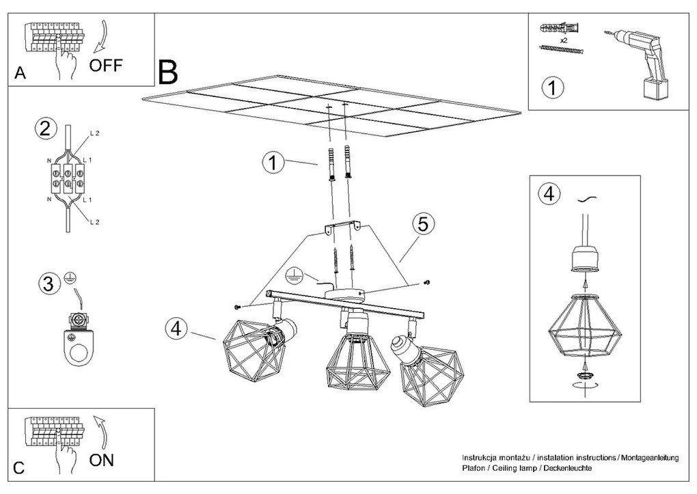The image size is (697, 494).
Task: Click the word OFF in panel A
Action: click(x=106, y=66)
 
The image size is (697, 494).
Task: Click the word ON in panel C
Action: click(x=102, y=460)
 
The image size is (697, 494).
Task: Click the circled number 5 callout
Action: click(x=423, y=223)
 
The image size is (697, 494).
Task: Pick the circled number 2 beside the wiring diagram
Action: click(x=45, y=129)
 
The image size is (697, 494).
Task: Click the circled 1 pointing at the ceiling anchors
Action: click(x=273, y=163)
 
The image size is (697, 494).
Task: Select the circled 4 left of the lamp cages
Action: click(x=176, y=328)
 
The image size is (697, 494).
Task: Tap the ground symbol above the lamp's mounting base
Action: click(x=294, y=274)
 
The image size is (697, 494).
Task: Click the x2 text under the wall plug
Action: click(x=564, y=40)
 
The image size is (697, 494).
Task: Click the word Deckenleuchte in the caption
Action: click(x=566, y=469)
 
